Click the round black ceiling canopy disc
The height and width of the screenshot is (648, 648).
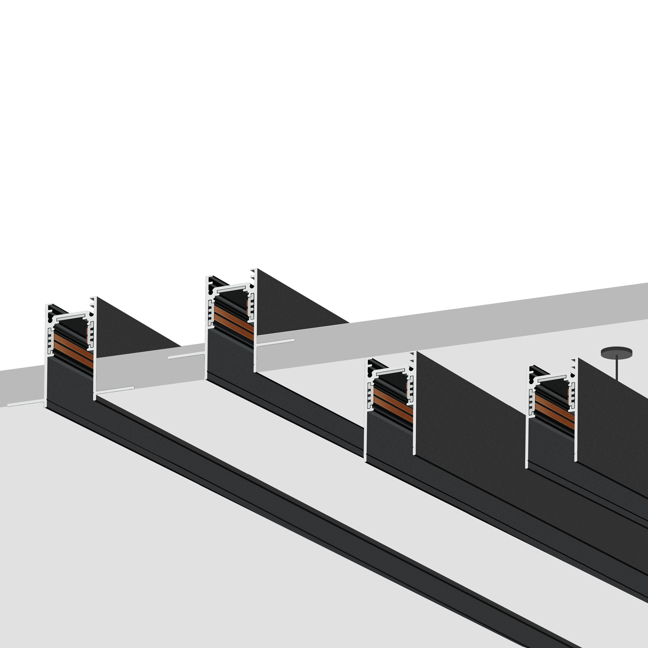coord(616,353)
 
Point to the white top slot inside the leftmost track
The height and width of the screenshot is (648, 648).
coord(72,316)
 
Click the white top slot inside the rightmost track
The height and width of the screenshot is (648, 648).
coord(553,379)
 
